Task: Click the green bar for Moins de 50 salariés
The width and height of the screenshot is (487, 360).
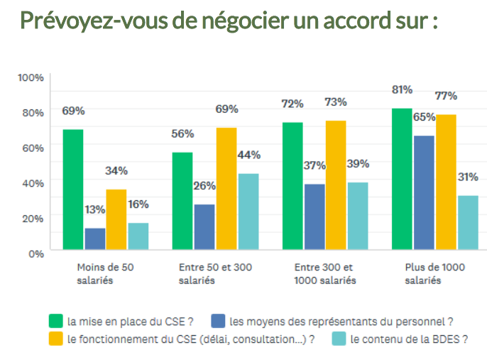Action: pos(73,190)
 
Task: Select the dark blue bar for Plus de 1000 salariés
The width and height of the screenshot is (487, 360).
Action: pos(424,192)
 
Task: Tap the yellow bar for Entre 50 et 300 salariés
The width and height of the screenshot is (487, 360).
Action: pos(226,189)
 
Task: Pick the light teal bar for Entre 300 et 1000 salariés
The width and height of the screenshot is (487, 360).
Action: pos(358,216)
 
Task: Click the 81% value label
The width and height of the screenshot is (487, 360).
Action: pos(402,89)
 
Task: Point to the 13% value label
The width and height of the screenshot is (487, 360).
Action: pos(95,209)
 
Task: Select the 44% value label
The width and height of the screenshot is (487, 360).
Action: pos(248,155)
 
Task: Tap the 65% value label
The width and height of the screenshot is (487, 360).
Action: pos(425,116)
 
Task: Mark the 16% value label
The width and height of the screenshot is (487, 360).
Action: pos(138,204)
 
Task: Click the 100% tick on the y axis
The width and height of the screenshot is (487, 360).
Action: pos(31,77)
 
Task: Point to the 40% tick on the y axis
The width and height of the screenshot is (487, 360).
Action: pos(33,182)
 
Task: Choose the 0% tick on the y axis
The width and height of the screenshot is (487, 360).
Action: pos(36,253)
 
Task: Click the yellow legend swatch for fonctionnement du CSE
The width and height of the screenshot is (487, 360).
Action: pos(55,339)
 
